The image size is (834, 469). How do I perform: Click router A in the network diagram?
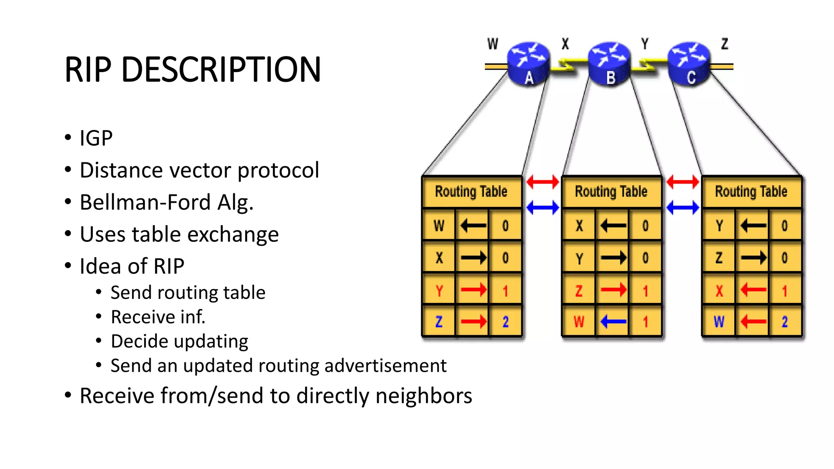click(528, 64)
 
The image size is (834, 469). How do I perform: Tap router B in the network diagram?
click(609, 64)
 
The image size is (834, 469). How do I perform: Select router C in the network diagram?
click(689, 64)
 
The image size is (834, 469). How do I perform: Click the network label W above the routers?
click(493, 44)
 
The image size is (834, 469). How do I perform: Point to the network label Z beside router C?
click(724, 44)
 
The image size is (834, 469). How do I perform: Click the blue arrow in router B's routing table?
click(613, 322)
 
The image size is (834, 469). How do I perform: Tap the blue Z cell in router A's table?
click(439, 322)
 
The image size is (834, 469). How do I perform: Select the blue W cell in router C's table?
click(719, 322)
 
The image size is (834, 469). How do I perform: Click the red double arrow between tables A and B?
click(542, 182)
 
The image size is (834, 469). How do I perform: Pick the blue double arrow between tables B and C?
click(683, 208)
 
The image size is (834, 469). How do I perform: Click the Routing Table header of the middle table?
click(611, 191)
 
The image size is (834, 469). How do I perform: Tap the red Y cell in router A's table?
click(439, 291)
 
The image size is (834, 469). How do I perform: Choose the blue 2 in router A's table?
click(505, 322)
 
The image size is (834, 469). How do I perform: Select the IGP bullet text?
click(96, 138)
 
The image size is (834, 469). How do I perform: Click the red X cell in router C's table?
click(719, 291)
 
